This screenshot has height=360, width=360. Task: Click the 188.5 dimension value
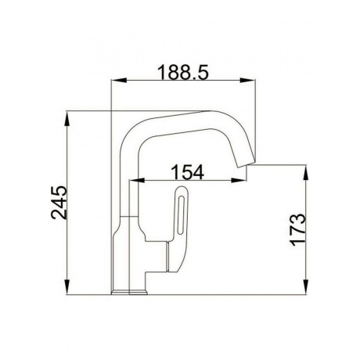tap(183, 72)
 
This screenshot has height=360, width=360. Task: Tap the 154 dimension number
tap(187, 172)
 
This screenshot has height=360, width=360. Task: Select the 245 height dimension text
tap(59, 203)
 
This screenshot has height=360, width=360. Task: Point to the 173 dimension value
tap(297, 230)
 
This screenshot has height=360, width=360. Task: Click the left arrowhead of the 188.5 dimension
tap(119, 81)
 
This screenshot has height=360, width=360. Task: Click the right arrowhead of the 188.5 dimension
tap(247, 81)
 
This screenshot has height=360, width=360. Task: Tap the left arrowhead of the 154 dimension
tap(137, 180)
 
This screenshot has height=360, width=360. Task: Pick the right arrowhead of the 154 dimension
tap(239, 180)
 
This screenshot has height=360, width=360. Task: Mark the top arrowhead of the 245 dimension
tap(67, 119)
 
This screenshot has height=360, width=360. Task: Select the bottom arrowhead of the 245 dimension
tap(67, 287)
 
